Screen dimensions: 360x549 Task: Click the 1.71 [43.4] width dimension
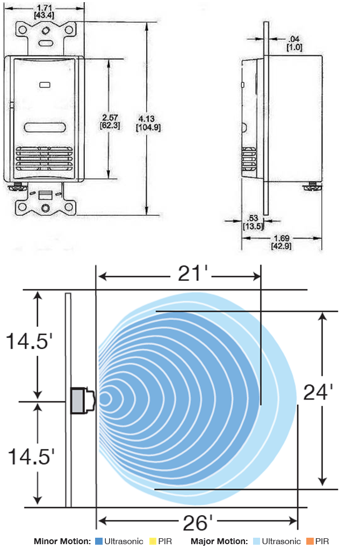tap(44, 12)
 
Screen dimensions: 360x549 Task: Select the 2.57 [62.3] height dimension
tap(110, 121)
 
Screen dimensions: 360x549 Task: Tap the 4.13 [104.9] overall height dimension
tap(148, 123)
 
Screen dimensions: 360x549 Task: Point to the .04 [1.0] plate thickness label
tap(294, 43)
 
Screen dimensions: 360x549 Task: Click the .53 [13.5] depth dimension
tap(253, 222)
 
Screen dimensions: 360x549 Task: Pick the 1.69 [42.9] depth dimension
tap(282, 242)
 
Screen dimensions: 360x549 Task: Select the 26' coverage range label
tap(198, 523)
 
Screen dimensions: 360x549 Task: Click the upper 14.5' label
tap(30, 341)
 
